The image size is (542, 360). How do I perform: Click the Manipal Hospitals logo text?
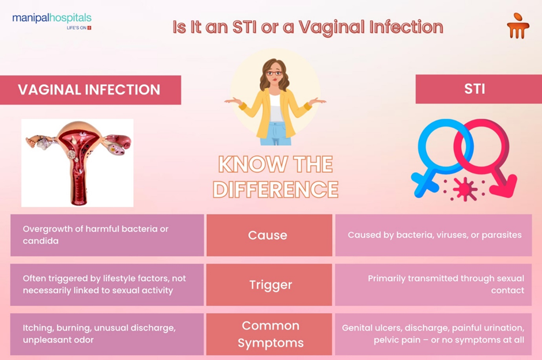52,18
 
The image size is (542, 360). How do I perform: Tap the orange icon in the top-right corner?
518,25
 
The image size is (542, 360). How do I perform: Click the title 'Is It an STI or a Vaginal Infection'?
308,27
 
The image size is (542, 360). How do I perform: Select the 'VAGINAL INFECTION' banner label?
89,90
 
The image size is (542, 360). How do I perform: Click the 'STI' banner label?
475,89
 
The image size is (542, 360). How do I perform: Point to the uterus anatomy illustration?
77,162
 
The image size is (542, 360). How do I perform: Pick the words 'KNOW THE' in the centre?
275,165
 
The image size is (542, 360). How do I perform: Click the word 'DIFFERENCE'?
275,189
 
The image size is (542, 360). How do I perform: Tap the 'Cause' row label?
268,235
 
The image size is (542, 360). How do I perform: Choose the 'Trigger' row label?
270,285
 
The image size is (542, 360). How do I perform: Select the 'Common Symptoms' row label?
270,334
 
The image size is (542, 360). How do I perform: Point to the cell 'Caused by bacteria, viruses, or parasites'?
434,235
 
